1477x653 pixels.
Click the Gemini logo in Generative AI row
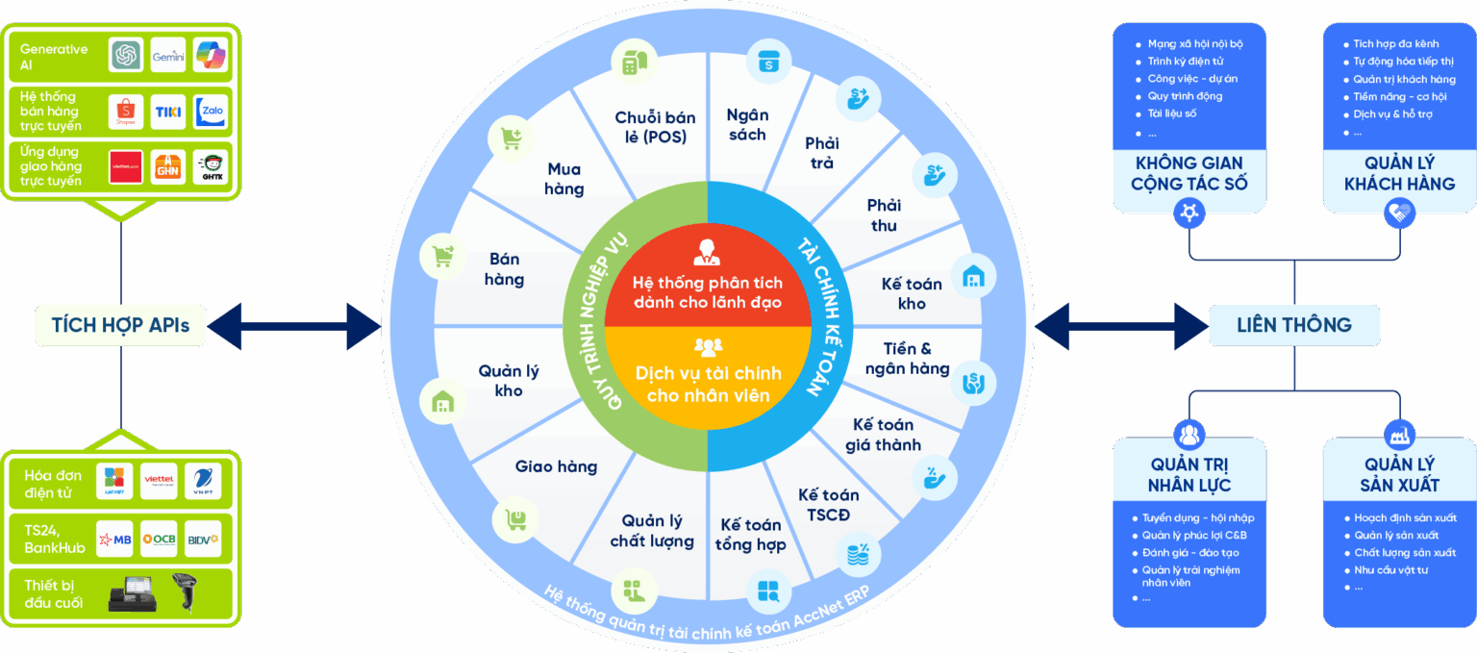click(168, 56)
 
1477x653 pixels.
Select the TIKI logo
click(168, 112)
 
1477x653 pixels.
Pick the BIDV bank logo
click(203, 540)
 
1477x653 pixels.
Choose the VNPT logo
click(203, 481)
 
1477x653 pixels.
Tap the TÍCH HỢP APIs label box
click(120, 325)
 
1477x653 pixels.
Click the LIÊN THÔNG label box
click(1293, 325)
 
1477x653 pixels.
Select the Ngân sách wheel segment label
click(747, 125)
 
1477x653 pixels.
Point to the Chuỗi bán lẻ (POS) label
click(655, 127)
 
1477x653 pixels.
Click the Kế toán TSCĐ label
click(828, 504)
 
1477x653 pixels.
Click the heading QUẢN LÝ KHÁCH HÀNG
click(1399, 173)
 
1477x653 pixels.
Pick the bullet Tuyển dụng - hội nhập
click(1197, 518)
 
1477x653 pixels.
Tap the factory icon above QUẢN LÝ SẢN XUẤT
click(1399, 435)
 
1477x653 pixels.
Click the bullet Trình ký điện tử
click(1185, 62)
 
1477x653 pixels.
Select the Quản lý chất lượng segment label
click(652, 531)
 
